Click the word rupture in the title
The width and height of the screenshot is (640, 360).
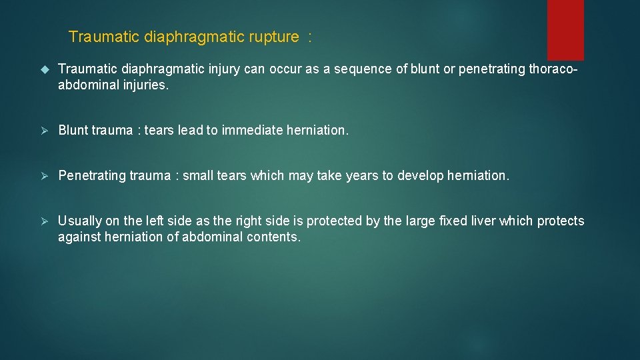click(273, 37)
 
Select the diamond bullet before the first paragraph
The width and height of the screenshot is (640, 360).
click(45, 69)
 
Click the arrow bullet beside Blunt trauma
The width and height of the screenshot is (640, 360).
click(45, 131)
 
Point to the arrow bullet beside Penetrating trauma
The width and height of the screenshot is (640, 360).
click(45, 176)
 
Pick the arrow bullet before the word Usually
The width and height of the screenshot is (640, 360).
click(45, 221)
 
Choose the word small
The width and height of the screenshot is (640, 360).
click(199, 176)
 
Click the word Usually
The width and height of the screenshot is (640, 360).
click(81, 221)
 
